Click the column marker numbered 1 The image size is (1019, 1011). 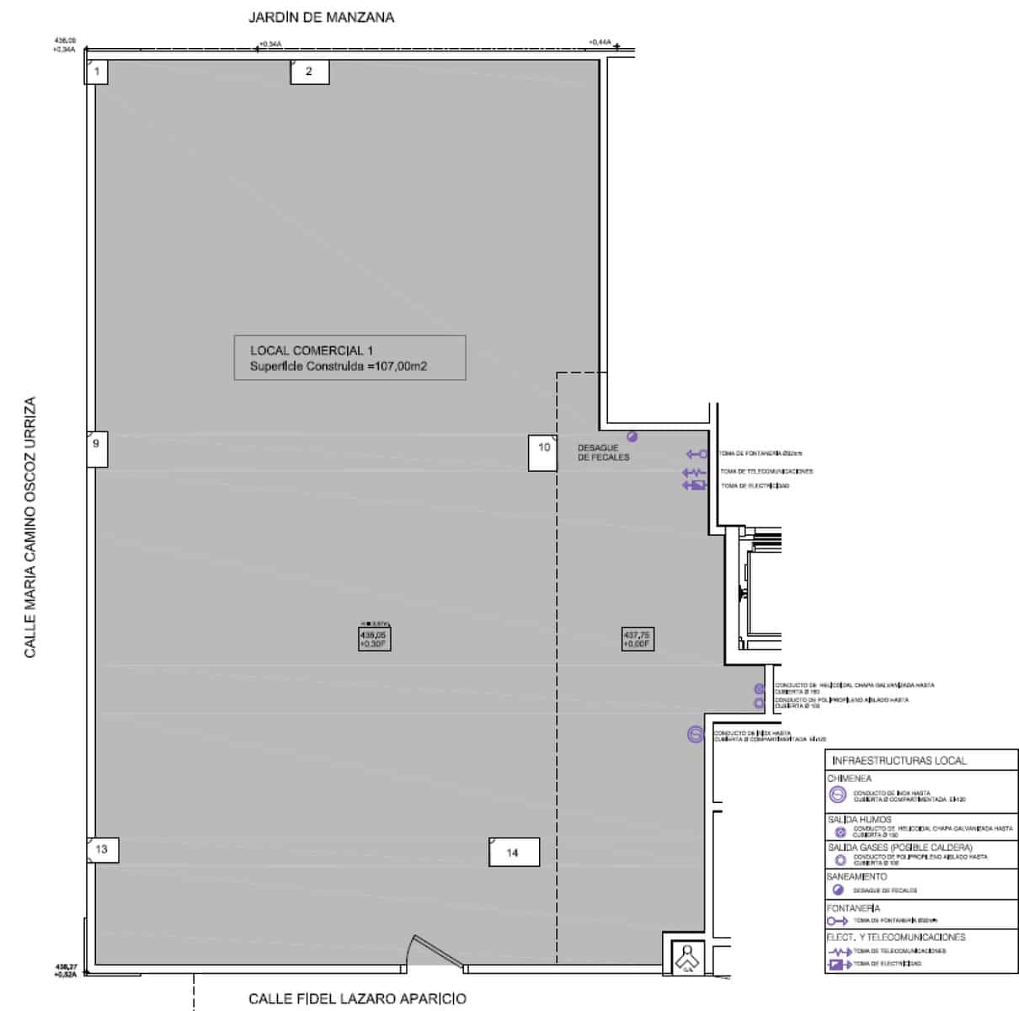[97, 72]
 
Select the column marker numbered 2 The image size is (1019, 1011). [309, 72]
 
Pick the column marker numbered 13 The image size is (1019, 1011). [102, 849]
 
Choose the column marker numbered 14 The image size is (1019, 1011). [513, 853]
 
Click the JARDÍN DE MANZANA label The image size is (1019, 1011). [321, 17]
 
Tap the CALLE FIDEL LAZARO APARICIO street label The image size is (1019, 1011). [357, 999]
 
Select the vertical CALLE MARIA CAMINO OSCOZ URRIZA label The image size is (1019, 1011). [30, 527]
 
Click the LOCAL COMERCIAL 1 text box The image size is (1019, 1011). [349, 358]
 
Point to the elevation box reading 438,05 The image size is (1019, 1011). [373, 639]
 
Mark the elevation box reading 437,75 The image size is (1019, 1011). [638, 639]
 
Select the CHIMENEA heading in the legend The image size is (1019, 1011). [849, 778]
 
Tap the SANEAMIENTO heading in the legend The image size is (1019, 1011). [856, 877]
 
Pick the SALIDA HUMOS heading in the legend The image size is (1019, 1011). [858, 819]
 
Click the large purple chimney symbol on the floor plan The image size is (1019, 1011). [695, 735]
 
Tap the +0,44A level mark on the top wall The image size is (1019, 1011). [600, 41]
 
